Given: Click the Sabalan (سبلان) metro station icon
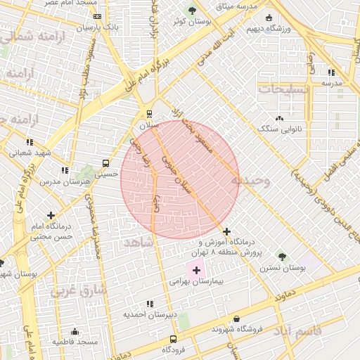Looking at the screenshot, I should click(x=149, y=113).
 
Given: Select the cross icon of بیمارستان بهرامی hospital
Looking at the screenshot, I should click(x=195, y=270).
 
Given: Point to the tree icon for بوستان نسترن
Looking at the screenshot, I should click(x=282, y=257).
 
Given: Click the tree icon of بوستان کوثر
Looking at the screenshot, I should click(x=193, y=11).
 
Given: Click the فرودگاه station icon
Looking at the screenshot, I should click(x=174, y=339).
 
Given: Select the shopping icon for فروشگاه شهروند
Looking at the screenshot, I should click(x=236, y=319).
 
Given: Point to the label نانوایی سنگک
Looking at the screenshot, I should click(x=280, y=129).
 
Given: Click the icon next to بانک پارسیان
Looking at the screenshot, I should click(x=97, y=16).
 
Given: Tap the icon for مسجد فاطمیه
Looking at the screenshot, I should click(x=75, y=331).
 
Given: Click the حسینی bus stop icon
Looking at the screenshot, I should click(x=106, y=162).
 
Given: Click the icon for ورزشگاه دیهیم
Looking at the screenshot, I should click(x=268, y=18).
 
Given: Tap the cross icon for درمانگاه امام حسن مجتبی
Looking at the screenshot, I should click(x=50, y=215).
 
